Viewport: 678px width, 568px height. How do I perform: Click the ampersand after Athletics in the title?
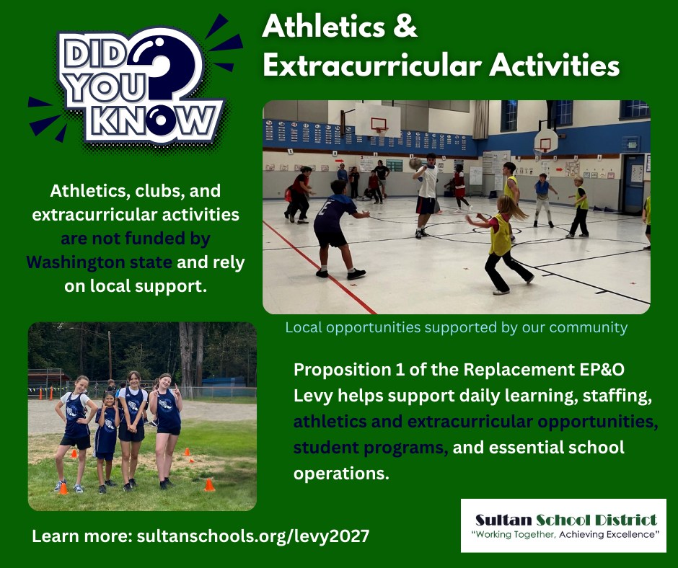point(405,27)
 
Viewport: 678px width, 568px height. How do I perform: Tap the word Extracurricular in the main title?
point(372,66)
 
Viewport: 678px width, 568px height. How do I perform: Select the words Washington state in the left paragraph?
point(99,262)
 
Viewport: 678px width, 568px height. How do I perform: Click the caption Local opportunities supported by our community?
point(456,327)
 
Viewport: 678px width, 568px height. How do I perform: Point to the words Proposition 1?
point(349,370)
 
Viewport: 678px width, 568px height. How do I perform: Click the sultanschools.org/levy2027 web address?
point(253,536)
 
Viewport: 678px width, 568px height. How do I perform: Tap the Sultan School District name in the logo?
point(566,520)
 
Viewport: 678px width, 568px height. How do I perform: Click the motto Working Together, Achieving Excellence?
point(565,534)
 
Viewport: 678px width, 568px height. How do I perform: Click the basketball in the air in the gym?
point(415,164)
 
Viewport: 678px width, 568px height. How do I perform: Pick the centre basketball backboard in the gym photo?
point(377,120)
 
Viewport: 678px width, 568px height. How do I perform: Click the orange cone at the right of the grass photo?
point(209,485)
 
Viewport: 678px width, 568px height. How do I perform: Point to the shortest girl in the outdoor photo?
point(106,442)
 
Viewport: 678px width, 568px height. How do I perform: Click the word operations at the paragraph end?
point(342,474)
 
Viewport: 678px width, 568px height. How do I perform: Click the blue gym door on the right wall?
point(633,183)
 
